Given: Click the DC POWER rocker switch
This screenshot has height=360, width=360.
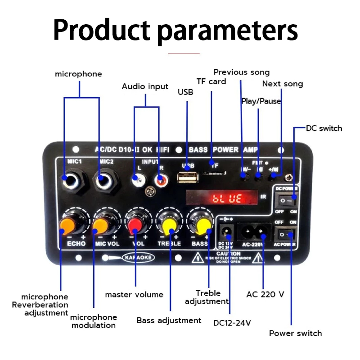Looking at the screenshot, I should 285,198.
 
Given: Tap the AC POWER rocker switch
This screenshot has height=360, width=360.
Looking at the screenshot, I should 285,234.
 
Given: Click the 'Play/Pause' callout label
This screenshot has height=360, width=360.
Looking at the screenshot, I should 261,101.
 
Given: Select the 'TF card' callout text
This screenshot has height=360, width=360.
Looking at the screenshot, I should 211,81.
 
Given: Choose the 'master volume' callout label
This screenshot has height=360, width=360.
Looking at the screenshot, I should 134,295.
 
